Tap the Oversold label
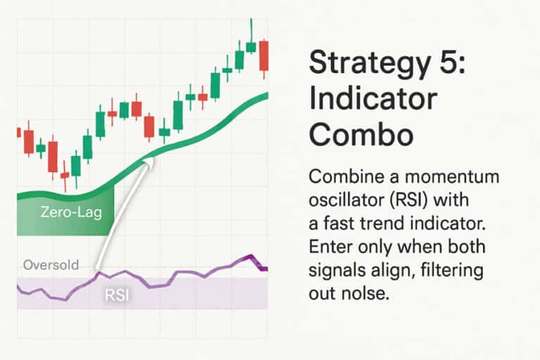pos(50,265)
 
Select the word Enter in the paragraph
pos(330,247)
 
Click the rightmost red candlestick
pos(264,56)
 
